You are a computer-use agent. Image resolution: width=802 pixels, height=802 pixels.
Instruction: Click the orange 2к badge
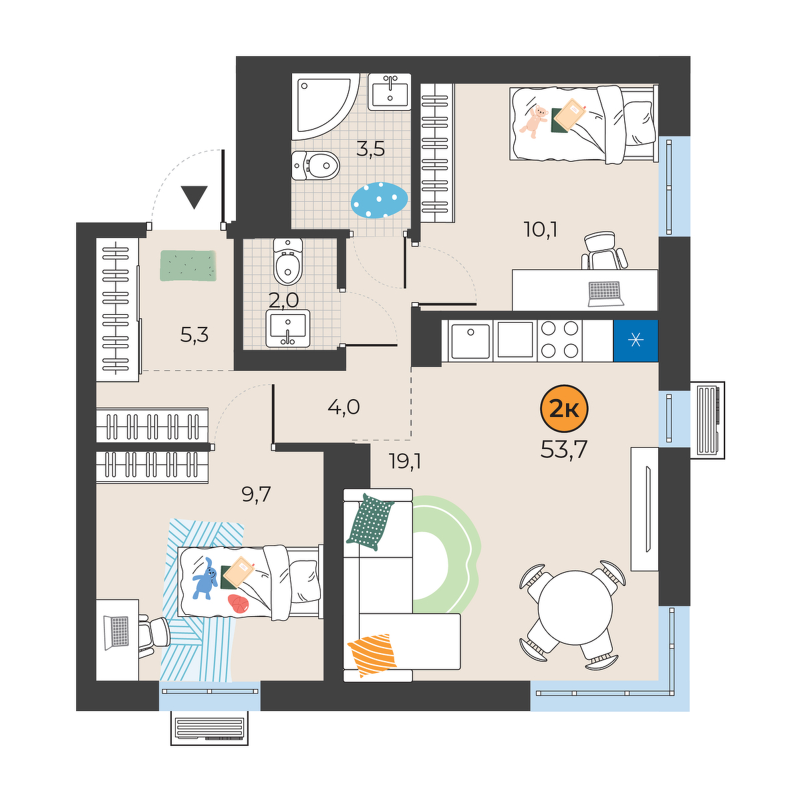564,409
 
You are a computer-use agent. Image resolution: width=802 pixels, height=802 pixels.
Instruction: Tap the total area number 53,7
563,449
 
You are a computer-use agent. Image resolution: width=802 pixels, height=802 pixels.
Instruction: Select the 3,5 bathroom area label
370,148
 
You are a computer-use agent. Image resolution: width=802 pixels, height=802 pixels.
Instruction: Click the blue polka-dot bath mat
379,200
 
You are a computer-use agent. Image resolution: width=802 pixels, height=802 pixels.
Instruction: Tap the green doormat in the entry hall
188,265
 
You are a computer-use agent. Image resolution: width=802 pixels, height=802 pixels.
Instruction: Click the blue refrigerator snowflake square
636,340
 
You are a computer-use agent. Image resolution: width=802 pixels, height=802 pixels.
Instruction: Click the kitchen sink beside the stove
471,340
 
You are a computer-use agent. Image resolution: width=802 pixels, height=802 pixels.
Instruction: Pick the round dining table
575,608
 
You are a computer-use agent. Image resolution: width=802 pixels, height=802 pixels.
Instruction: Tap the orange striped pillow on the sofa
372,655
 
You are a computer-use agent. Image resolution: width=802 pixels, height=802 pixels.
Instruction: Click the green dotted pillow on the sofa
370,521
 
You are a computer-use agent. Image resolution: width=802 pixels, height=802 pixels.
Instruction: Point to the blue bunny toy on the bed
205,578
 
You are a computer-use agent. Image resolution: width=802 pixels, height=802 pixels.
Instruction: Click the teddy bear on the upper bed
534,122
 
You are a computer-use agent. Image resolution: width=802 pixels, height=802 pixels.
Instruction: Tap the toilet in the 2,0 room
287,261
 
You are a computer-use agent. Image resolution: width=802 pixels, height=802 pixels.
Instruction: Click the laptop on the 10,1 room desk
606,294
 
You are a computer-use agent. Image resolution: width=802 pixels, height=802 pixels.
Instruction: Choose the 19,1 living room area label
405,462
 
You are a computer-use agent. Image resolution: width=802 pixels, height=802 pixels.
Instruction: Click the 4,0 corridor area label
344,406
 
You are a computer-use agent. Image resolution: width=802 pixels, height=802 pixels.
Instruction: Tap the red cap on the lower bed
239,604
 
